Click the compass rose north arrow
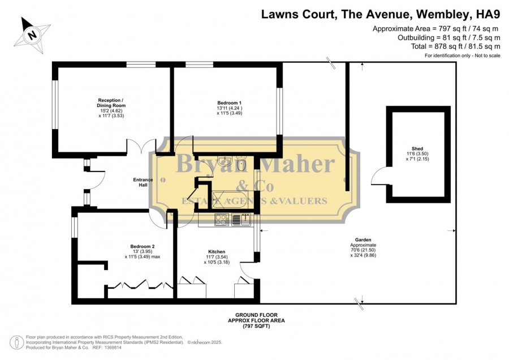pos(32,35)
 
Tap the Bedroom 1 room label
pos(230,102)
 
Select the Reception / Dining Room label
pos(111,102)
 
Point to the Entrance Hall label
pos(143,182)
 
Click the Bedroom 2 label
pos(142,246)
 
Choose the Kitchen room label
pos(217,251)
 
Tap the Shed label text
pos(417,148)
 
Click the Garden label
pos(363,240)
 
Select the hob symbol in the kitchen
pos(222,219)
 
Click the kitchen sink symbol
pos(241,219)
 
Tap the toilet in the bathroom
pos(241,164)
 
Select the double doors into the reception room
pos(141,146)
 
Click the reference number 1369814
pos(112,348)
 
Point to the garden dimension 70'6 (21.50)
pos(363,250)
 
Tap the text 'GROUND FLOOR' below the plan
pos(256,315)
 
